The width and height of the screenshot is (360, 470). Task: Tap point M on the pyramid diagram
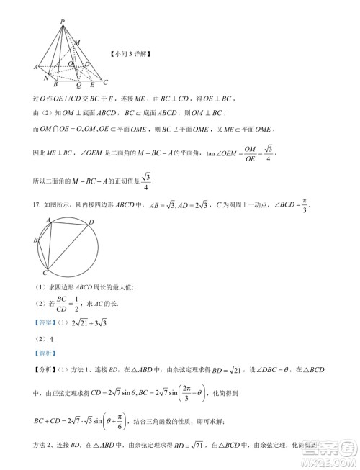pyautogui.click(x=78, y=43)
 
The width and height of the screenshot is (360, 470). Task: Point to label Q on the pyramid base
pyautogui.click(x=78, y=83)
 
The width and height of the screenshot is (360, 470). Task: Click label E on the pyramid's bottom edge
pyautogui.click(x=92, y=84)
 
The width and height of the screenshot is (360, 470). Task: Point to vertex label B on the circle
pyautogui.click(x=35, y=239)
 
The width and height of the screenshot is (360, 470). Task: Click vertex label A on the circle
pyautogui.click(x=48, y=220)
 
